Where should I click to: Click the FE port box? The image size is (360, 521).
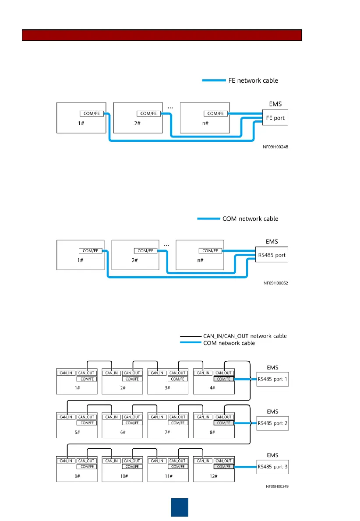pyautogui.click(x=275, y=118)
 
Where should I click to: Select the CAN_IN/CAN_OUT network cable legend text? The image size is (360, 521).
pyautogui.click(x=245, y=336)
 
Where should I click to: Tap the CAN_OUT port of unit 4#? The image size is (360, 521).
pyautogui.click(x=224, y=373)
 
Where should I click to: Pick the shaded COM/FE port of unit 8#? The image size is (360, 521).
pyautogui.click(x=224, y=423)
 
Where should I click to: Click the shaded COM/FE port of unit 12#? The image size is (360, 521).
pyautogui.click(x=224, y=467)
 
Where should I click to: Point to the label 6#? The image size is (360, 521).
pyautogui.click(x=122, y=433)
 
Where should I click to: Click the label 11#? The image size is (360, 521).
pyautogui.click(x=168, y=476)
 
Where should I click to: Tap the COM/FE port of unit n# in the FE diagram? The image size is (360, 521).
pyautogui.click(x=216, y=113)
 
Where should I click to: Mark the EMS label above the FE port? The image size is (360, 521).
pyautogui.click(x=275, y=104)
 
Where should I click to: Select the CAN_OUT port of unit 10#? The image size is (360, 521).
pyautogui.click(x=132, y=461)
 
